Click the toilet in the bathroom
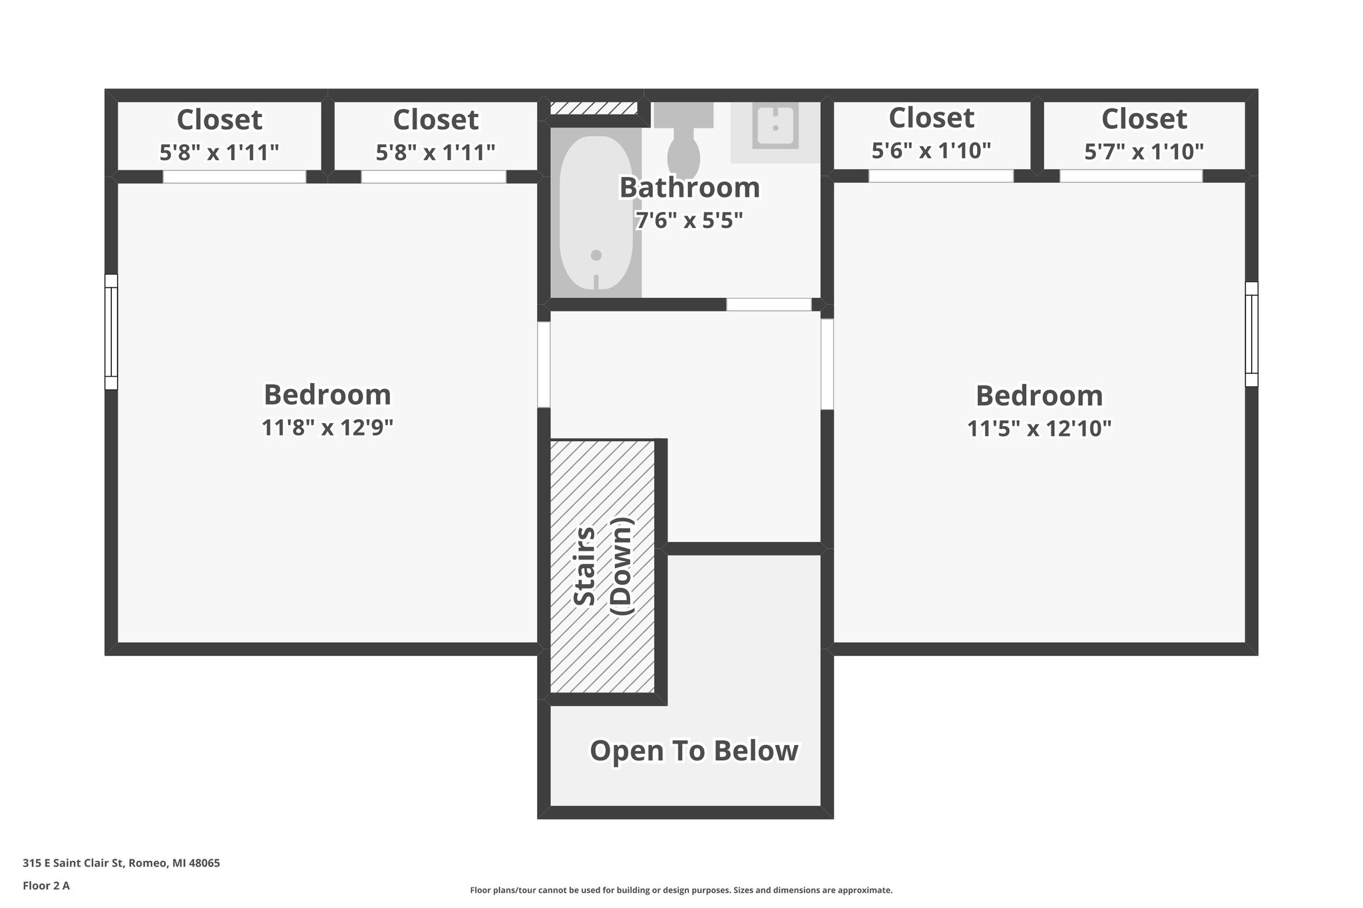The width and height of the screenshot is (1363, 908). pyautogui.click(x=683, y=143)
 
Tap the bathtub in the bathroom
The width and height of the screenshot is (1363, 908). pyautogui.click(x=596, y=213)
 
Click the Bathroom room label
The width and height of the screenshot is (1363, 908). pyautogui.click(x=689, y=188)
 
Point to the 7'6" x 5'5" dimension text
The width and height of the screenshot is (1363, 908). pyautogui.click(x=689, y=220)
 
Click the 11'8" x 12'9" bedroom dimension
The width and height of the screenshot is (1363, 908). pyautogui.click(x=327, y=427)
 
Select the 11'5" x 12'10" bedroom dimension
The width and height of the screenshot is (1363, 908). pyautogui.click(x=1039, y=428)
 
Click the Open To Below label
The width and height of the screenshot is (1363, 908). pyautogui.click(x=693, y=751)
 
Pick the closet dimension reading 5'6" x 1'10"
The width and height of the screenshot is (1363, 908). pyautogui.click(x=931, y=151)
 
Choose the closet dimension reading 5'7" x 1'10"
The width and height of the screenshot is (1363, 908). pyautogui.click(x=1144, y=152)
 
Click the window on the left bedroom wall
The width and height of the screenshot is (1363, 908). pyautogui.click(x=111, y=331)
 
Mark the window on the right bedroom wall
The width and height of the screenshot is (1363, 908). pyautogui.click(x=1251, y=334)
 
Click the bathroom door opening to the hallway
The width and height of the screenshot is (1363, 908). pyautogui.click(x=769, y=305)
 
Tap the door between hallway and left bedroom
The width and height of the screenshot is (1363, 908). pyautogui.click(x=544, y=365)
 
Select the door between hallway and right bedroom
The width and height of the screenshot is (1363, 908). pyautogui.click(x=827, y=365)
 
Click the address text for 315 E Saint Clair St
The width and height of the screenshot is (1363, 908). pyautogui.click(x=121, y=863)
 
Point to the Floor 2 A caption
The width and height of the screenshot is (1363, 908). pyautogui.click(x=46, y=885)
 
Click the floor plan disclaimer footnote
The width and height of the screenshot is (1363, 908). pyautogui.click(x=681, y=890)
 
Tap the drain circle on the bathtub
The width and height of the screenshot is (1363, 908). pyautogui.click(x=596, y=255)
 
